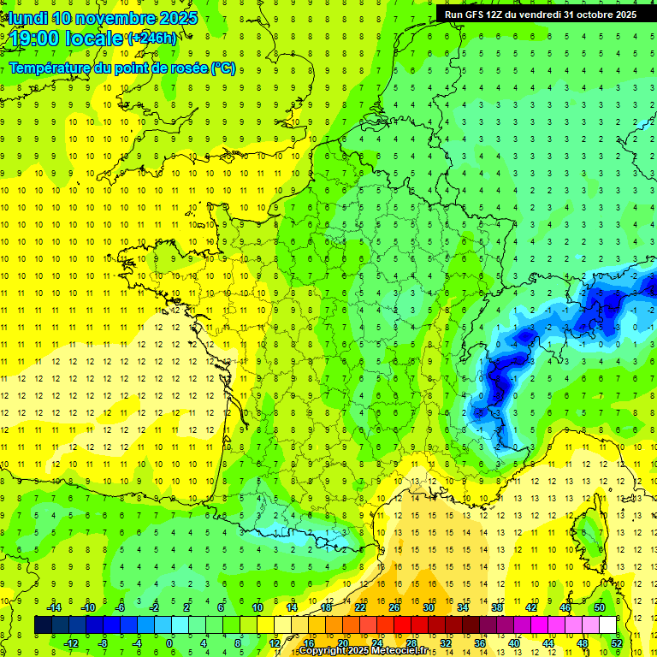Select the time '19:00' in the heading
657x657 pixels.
click(x=33, y=38)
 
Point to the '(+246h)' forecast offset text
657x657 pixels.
click(x=151, y=38)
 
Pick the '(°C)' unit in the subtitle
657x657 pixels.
click(x=222, y=68)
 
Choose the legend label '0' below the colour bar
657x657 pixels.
click(x=169, y=643)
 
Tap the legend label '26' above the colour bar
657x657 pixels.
click(x=394, y=607)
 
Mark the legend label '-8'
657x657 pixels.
click(x=103, y=643)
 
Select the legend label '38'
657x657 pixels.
click(x=497, y=607)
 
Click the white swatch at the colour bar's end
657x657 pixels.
click(x=607, y=625)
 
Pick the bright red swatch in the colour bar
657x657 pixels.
click(x=402, y=625)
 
